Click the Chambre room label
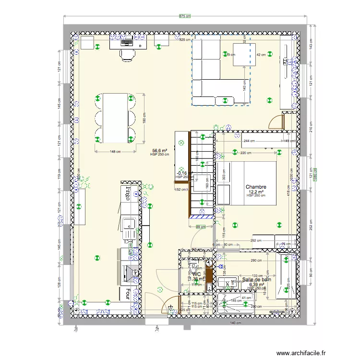coord(255,187)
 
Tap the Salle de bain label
coord(256,279)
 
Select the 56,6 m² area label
coord(159,150)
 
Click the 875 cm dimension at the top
coord(185,16)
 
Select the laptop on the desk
coord(127,42)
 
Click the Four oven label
coord(128,293)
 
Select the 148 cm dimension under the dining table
coord(115,152)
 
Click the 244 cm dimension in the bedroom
coord(249,141)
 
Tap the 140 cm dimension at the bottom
coord(235,323)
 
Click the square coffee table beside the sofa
coord(239,55)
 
